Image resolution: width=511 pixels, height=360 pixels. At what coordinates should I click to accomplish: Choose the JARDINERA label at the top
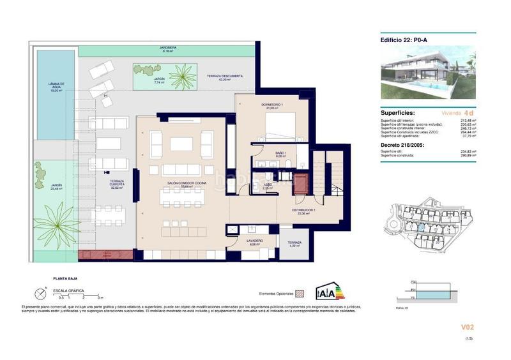167,49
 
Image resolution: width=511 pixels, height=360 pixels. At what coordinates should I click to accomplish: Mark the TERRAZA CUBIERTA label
116,183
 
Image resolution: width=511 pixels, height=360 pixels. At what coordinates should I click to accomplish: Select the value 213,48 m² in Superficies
466,120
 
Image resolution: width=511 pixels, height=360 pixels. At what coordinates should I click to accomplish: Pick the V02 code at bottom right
468,327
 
